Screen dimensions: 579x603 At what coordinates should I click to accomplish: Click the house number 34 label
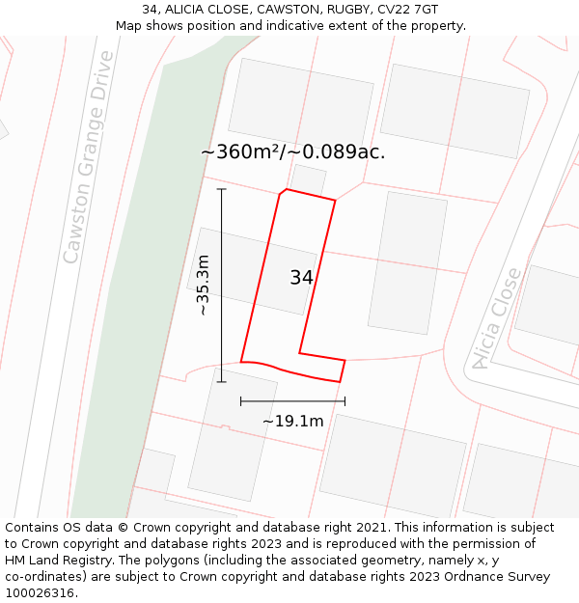[x=301, y=278]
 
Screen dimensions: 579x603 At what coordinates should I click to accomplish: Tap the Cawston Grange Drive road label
[x=89, y=157]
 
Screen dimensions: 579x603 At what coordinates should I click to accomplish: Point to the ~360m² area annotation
[x=292, y=151]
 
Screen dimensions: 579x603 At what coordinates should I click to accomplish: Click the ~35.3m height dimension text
[x=203, y=285]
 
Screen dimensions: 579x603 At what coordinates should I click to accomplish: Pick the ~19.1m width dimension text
[x=292, y=421]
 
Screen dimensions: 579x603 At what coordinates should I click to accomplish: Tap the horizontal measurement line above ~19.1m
[x=292, y=400]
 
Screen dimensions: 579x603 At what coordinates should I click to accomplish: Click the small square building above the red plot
[x=309, y=179]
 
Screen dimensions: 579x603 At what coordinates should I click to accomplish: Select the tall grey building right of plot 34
[x=407, y=262]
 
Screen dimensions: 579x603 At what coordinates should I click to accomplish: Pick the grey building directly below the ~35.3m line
[x=233, y=434]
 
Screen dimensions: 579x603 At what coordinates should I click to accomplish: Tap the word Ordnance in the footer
[x=476, y=577]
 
